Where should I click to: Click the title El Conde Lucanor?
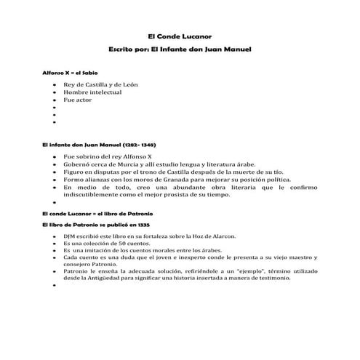coord(179,36)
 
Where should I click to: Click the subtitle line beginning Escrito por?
coord(179,50)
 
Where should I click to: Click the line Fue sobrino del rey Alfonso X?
coord(107,156)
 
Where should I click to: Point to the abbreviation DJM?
coord(70,237)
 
